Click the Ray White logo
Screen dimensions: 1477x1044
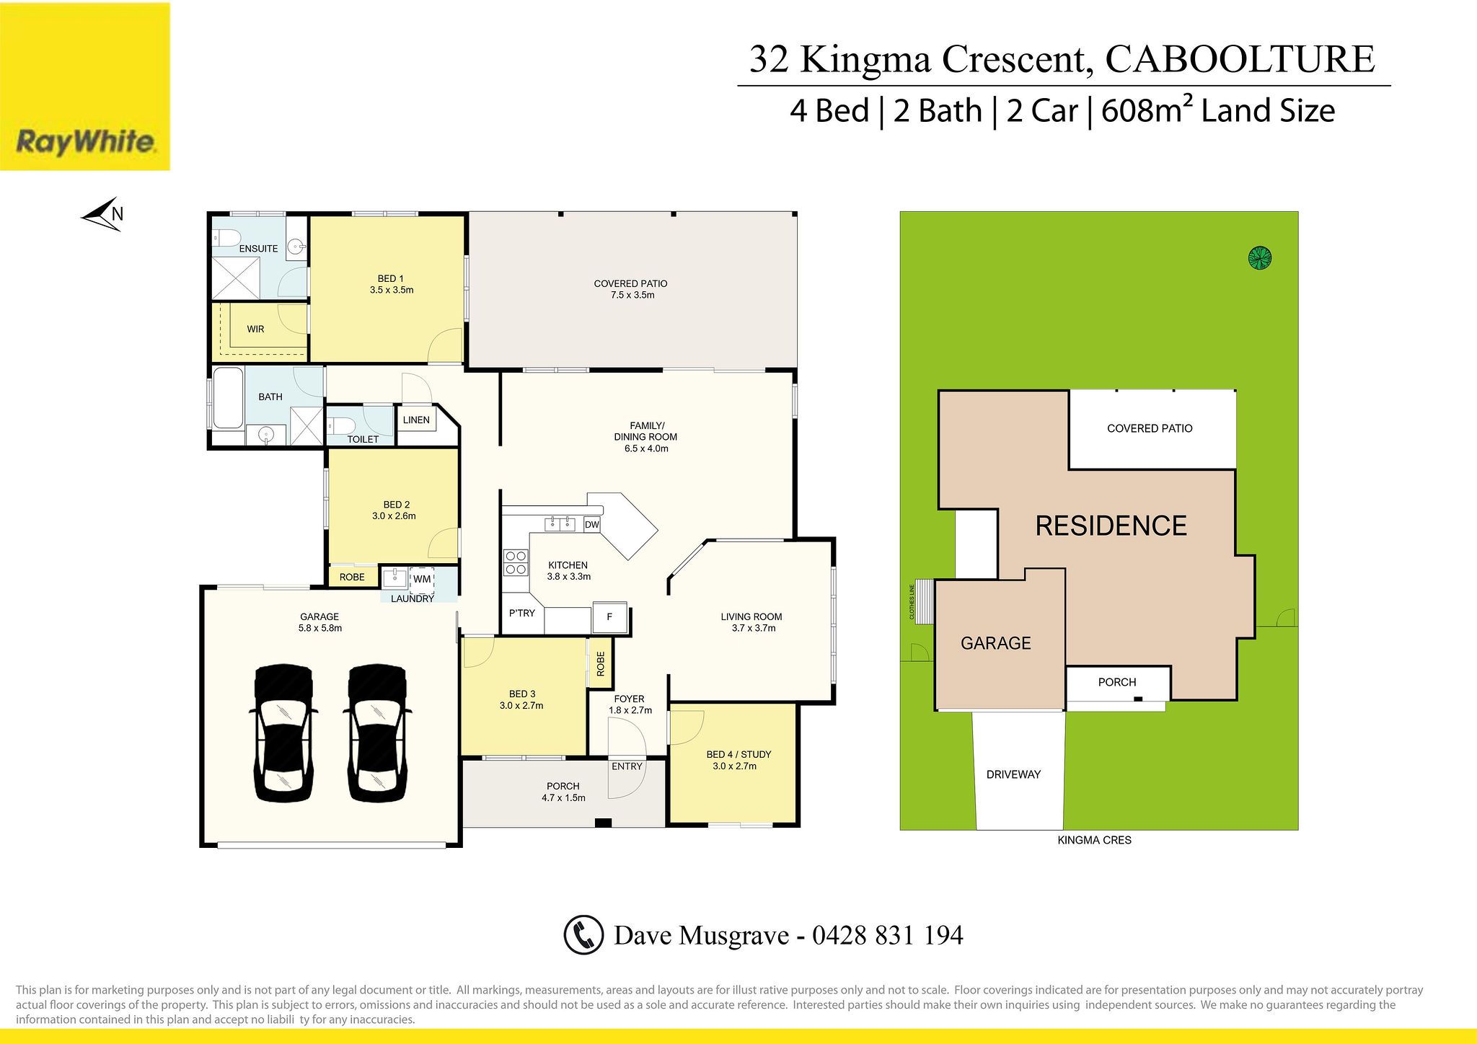(85, 87)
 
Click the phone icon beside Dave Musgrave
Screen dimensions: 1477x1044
(583, 935)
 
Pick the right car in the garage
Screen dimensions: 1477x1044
(377, 733)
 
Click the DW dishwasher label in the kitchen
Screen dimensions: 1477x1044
(592, 525)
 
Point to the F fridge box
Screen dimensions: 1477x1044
(609, 617)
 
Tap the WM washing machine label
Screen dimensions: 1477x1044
(422, 579)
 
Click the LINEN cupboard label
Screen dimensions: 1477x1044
(416, 420)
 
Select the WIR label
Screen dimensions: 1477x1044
(255, 329)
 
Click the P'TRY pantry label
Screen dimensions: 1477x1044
(522, 613)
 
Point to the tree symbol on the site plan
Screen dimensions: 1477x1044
(1260, 257)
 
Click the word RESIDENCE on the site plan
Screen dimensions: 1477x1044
(1111, 526)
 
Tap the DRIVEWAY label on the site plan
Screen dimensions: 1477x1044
(1013, 774)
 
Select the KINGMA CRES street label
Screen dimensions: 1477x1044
(1094, 840)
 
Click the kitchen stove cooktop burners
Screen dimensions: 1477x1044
(515, 562)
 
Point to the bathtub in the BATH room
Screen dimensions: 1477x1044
(227, 397)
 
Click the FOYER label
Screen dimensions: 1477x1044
(629, 699)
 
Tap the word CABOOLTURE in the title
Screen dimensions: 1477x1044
(1240, 59)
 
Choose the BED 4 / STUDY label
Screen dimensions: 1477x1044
(738, 754)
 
